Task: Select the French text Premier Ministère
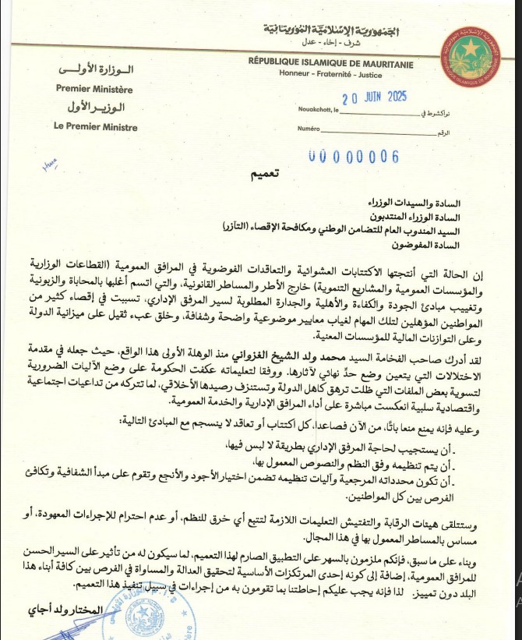tap(94, 89)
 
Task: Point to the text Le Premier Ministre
tap(97, 127)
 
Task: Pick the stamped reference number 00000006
tap(353, 156)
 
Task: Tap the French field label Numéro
tap(309, 129)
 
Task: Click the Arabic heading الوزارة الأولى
tap(96, 71)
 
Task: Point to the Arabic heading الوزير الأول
tap(96, 108)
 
